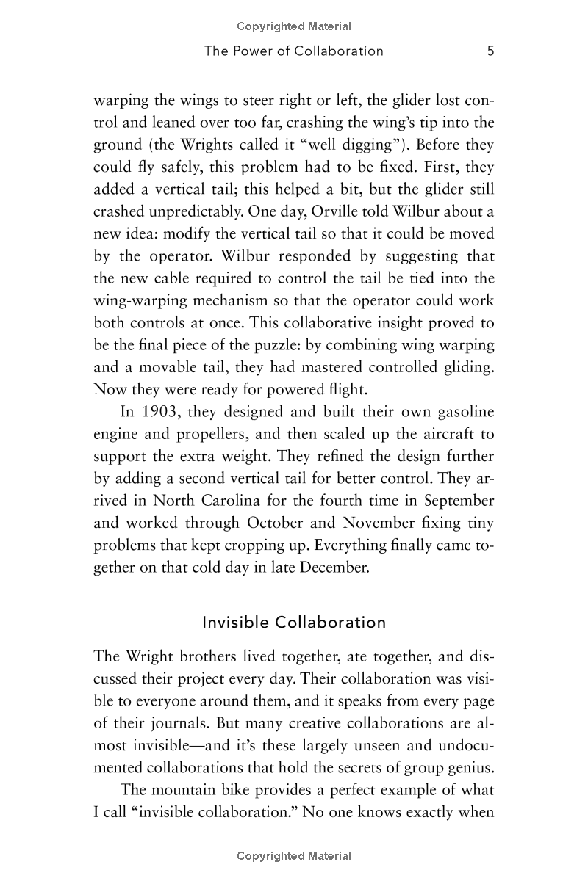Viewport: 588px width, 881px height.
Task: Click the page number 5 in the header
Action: tap(490, 51)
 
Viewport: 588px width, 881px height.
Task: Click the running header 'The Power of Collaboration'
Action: tap(294, 51)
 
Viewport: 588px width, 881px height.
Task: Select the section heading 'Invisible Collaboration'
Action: tap(294, 623)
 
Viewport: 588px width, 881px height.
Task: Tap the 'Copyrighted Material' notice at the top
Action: tap(294, 26)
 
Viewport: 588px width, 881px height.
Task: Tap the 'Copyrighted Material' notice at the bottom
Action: tap(294, 856)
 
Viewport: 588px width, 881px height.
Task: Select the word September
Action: tap(455, 501)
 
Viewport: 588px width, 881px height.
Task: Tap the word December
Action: tap(329, 567)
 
